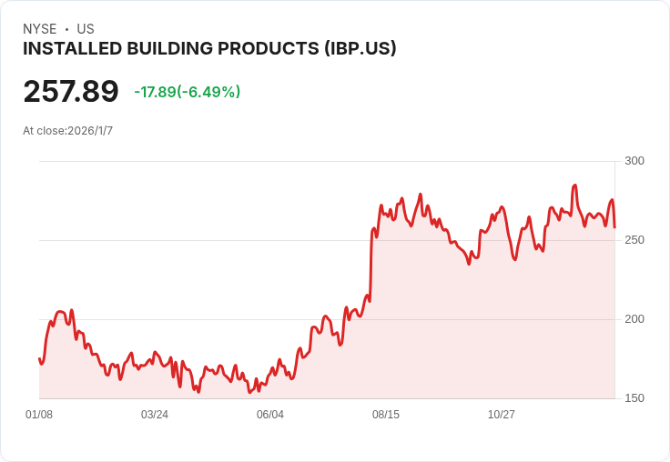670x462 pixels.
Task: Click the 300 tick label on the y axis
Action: click(x=634, y=161)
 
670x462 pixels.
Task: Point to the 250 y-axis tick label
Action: click(x=634, y=240)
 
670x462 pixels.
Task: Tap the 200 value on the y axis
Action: click(x=634, y=319)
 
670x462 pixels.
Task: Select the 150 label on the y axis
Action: click(x=634, y=398)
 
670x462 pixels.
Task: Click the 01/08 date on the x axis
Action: click(x=39, y=415)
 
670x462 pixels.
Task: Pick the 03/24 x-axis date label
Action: click(x=155, y=415)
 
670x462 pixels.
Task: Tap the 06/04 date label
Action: click(x=270, y=415)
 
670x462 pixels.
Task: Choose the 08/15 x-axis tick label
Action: click(x=386, y=415)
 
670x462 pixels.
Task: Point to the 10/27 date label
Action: click(x=502, y=415)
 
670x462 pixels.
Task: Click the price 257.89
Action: click(x=71, y=92)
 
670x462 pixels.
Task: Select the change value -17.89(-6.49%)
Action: click(x=187, y=92)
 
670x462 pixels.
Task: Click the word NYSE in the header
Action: click(x=40, y=29)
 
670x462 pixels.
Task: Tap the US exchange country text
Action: click(x=86, y=29)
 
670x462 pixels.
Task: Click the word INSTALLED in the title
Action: click(x=64, y=49)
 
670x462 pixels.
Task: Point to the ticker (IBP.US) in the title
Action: click(x=360, y=49)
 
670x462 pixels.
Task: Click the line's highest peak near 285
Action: click(x=574, y=186)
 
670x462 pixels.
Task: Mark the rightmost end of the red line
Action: click(x=614, y=227)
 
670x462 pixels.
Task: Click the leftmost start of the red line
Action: click(x=39, y=358)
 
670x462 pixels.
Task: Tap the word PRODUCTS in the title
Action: click(x=272, y=49)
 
